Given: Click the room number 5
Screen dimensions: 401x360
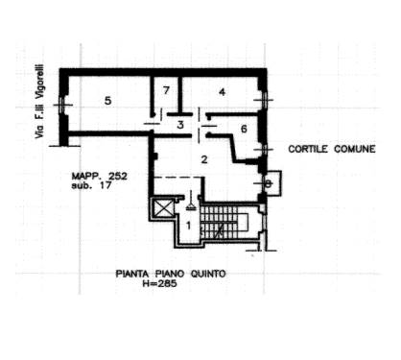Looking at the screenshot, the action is (x=108, y=101).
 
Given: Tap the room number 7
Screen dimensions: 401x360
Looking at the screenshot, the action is (x=166, y=90).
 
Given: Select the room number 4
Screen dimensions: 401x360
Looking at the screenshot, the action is (x=222, y=92).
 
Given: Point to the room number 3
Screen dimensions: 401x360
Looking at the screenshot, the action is (x=180, y=125).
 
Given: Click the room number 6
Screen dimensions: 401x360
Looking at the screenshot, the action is (x=244, y=129).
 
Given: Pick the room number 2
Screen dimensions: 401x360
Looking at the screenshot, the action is (x=204, y=159).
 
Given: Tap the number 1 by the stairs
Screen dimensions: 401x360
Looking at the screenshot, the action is (x=189, y=226).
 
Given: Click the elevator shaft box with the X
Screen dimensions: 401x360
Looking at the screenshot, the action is (x=163, y=209).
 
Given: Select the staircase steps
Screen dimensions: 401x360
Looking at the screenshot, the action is (x=220, y=222).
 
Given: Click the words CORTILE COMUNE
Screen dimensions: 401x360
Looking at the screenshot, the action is (x=332, y=149).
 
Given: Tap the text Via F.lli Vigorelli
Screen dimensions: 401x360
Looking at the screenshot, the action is (x=39, y=102).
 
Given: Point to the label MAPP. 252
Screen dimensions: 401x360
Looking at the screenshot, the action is (x=100, y=176).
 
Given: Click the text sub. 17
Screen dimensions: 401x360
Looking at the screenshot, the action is (x=91, y=185).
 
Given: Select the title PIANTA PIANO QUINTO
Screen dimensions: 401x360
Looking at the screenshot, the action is (x=171, y=274).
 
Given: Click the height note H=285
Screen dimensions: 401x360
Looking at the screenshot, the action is (x=159, y=283).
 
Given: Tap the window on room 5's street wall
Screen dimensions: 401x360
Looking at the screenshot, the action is (x=62, y=105).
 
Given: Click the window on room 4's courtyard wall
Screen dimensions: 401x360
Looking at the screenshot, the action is (x=265, y=100).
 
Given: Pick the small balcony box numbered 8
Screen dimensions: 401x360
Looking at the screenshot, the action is (x=271, y=183).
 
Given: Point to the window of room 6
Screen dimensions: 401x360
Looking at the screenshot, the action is (x=265, y=150).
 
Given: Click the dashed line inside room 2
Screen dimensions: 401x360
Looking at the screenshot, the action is (x=178, y=177).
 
